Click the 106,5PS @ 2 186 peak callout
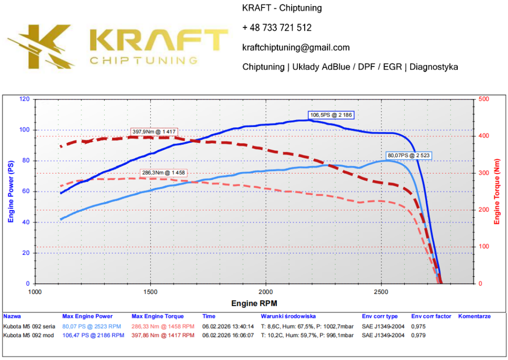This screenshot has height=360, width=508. pyautogui.click(x=331, y=115)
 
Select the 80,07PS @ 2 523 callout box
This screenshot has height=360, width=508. pyautogui.click(x=408, y=155)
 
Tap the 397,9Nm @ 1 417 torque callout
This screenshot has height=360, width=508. pyautogui.click(x=154, y=132)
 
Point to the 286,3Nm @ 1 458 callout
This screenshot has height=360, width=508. pyautogui.click(x=163, y=173)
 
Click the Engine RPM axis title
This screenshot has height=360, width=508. pyautogui.click(x=254, y=302)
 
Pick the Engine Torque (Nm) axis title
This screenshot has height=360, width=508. pyautogui.click(x=497, y=191)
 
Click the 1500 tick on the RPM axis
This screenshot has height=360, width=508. pyautogui.click(x=150, y=291)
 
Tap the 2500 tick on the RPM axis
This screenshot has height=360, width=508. pyautogui.click(x=381, y=291)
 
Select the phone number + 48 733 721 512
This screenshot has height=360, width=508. pyautogui.click(x=277, y=28)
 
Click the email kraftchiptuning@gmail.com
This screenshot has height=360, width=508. pyautogui.click(x=296, y=48)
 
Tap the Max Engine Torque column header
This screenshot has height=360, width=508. pyautogui.click(x=157, y=316)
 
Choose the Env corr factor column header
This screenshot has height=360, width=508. pyautogui.click(x=431, y=316)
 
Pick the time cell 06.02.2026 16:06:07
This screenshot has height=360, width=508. pyautogui.click(x=228, y=336)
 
